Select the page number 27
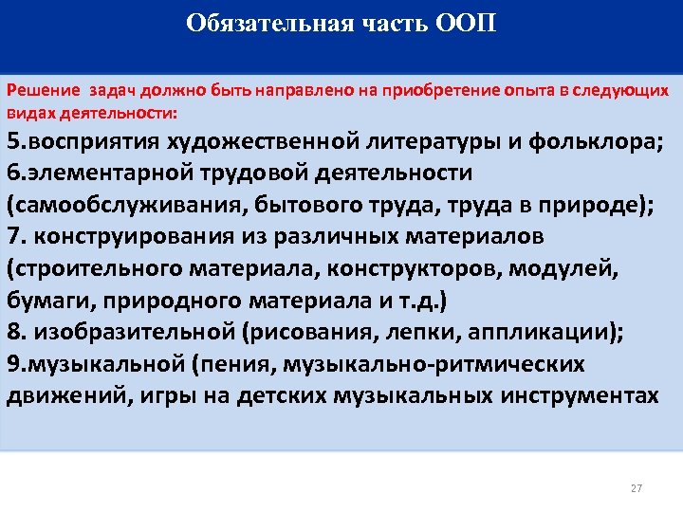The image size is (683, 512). (x=636, y=488)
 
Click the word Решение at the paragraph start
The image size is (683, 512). (x=44, y=92)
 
